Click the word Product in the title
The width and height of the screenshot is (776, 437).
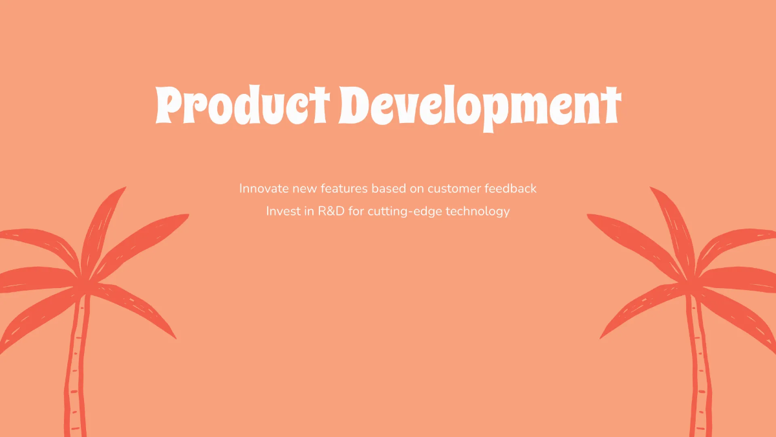pyautogui.click(x=242, y=104)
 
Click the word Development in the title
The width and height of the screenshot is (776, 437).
pyautogui.click(x=480, y=108)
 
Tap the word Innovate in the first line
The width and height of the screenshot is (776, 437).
pyautogui.click(x=264, y=188)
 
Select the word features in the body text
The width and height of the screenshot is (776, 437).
pyautogui.click(x=344, y=188)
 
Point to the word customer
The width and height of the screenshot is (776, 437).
pyautogui.click(x=454, y=189)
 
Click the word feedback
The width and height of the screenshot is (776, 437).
pyautogui.click(x=511, y=188)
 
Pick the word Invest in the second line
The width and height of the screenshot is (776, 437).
pyautogui.click(x=283, y=211)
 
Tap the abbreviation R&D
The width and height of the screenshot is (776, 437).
pyautogui.click(x=331, y=211)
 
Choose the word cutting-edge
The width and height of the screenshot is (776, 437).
pyautogui.click(x=405, y=212)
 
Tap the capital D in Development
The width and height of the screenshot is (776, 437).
pyautogui.click(x=353, y=104)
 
